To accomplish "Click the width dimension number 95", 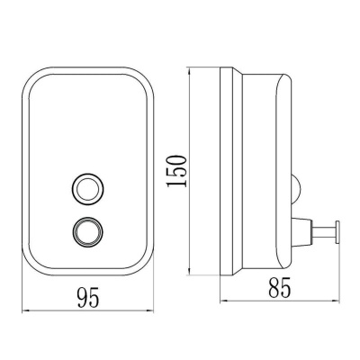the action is (88, 297).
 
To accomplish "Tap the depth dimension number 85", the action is (280, 287).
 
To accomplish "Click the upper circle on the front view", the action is (88, 188).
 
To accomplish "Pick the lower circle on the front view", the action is (88, 232).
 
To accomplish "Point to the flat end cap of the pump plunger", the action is (337, 231).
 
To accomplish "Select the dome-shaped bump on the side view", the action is (295, 188).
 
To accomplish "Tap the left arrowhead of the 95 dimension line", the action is (26, 311).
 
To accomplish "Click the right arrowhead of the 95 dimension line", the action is (149, 311).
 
